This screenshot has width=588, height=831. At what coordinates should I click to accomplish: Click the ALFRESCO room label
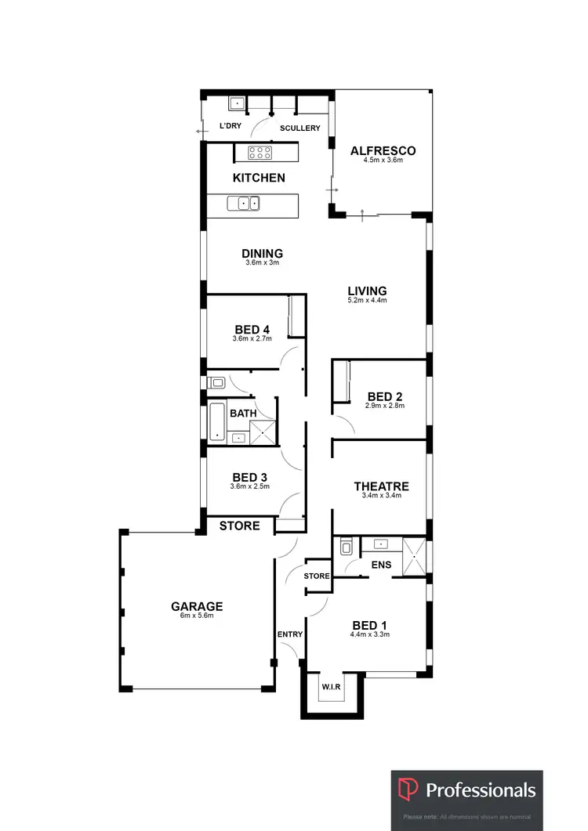[383, 150]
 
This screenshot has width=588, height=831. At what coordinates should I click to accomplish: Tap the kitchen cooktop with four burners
[260, 152]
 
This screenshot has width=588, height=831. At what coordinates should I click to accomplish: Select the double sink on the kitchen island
[244, 204]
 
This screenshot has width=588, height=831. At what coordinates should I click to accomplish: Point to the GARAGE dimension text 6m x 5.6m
[198, 616]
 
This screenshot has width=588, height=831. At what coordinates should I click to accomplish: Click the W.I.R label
[331, 687]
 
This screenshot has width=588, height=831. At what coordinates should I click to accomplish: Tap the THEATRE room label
[381, 486]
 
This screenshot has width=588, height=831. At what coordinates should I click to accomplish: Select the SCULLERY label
[300, 128]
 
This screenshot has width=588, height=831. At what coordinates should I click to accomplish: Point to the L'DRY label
[230, 126]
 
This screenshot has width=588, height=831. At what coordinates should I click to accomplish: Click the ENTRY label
[289, 634]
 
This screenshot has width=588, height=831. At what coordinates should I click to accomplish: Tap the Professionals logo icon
[408, 789]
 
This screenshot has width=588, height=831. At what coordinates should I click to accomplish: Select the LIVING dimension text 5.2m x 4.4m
[368, 300]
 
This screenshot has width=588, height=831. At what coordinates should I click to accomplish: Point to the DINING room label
[262, 253]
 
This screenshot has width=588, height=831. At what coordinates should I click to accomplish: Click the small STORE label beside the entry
[317, 576]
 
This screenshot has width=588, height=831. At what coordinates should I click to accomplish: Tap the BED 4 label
[252, 329]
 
